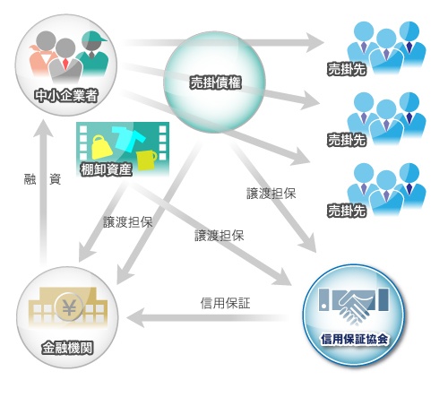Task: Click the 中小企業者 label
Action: click(x=66, y=96)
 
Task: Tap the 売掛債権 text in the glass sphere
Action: click(x=215, y=82)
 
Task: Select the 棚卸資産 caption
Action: click(x=106, y=169)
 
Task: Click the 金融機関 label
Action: click(x=67, y=348)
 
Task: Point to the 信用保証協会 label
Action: click(x=355, y=340)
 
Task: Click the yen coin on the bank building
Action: click(x=69, y=307)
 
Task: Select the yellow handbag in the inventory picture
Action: click(x=101, y=147)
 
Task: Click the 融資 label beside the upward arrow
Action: click(x=42, y=179)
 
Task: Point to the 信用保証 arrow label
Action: click(x=225, y=303)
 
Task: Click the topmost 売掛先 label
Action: click(x=347, y=69)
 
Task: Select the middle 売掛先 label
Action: click(x=347, y=140)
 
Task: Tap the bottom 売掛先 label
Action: click(x=347, y=211)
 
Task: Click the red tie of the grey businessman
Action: click(x=66, y=64)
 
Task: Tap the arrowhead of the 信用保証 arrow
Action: click(x=135, y=317)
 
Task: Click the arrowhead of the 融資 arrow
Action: click(x=43, y=128)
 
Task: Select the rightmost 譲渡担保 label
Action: click(x=271, y=194)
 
